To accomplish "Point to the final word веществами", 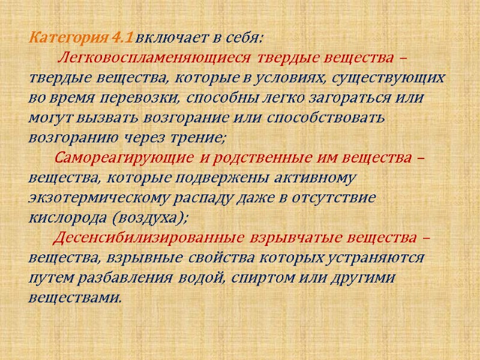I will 76,296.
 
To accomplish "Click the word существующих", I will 394,79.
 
